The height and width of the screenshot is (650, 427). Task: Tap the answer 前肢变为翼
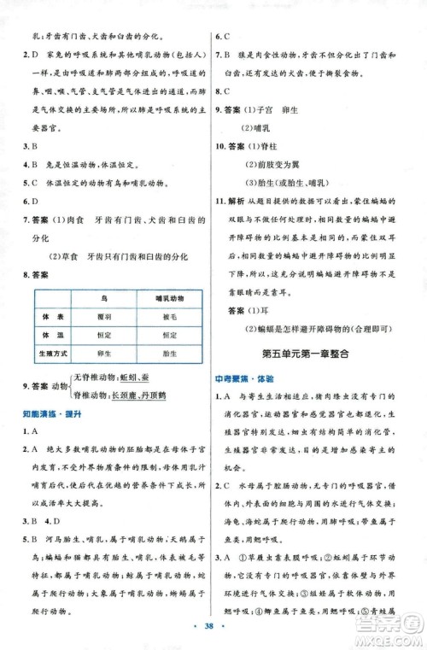[x=278, y=164]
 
